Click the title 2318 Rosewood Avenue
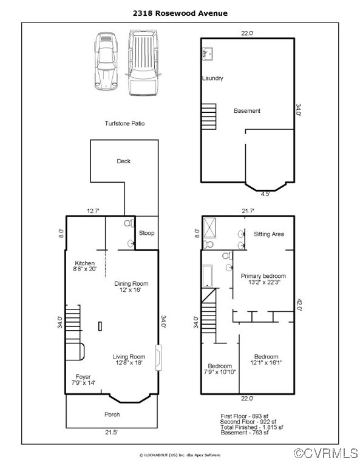click(180, 12)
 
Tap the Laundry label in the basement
click(212, 78)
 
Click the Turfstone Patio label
click(124, 123)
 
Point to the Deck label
click(124, 161)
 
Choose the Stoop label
click(146, 232)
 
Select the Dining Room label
click(131, 283)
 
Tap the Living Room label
click(129, 357)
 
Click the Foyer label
click(83, 377)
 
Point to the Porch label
click(112, 414)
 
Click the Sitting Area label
click(269, 234)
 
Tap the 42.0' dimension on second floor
click(298, 305)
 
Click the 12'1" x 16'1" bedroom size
click(266, 363)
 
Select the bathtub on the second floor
click(208, 275)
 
